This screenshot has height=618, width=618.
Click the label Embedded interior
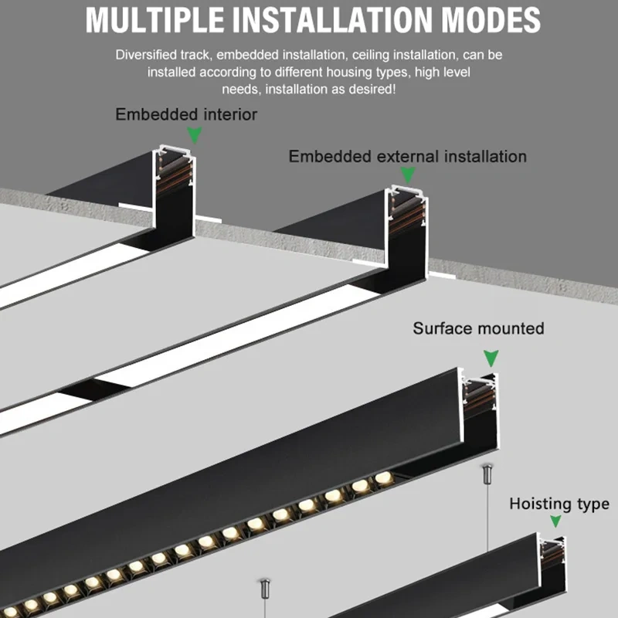point(186,115)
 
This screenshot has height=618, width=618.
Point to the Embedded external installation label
point(407,157)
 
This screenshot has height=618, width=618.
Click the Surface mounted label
point(478,328)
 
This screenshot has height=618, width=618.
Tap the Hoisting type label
point(559,504)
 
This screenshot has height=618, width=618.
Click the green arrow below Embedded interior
point(195,136)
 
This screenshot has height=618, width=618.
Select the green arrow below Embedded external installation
point(406,177)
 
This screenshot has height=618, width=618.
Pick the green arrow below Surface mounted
point(491,358)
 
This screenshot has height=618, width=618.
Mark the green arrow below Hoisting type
point(555,522)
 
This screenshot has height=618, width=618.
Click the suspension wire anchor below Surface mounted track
point(487,472)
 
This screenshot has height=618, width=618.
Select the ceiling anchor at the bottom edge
point(262,589)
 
